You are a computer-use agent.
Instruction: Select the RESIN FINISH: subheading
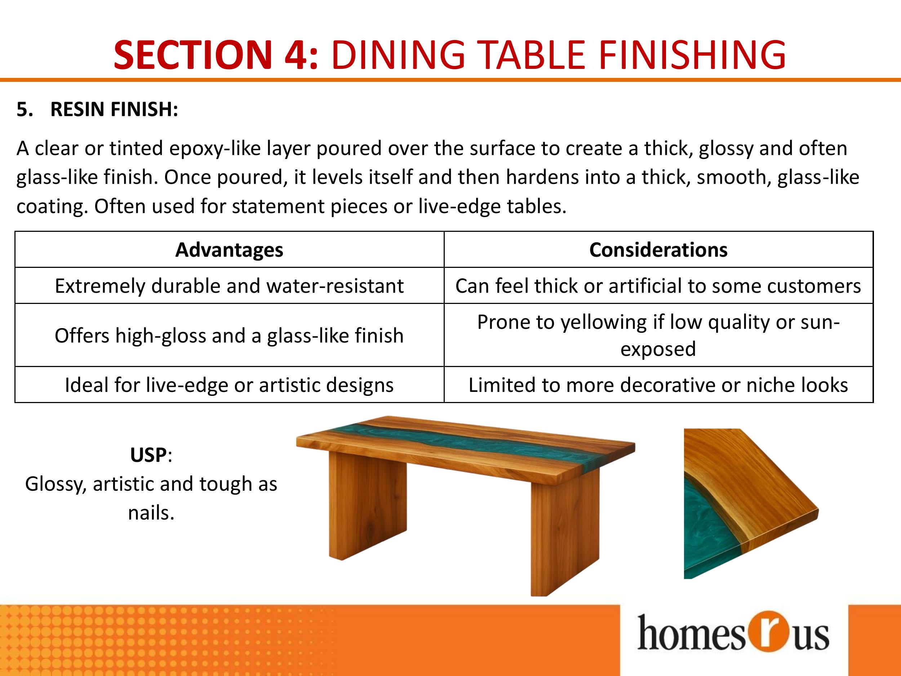click(114, 109)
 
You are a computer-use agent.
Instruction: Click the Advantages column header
click(229, 250)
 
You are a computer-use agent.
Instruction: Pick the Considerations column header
click(658, 250)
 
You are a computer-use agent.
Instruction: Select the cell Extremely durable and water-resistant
click(229, 286)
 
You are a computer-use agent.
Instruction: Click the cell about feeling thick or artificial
click(658, 286)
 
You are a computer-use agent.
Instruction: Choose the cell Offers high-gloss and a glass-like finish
click(229, 335)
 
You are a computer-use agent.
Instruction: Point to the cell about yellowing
click(658, 335)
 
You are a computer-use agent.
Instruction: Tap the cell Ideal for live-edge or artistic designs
click(229, 385)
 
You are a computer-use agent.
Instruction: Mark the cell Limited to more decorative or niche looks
click(658, 385)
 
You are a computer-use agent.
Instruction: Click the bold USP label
click(148, 455)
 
